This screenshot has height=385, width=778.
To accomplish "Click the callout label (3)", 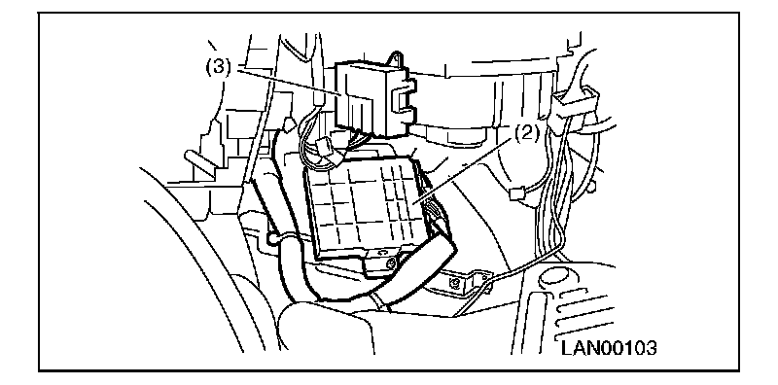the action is pyautogui.click(x=218, y=67).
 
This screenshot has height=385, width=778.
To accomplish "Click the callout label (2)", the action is pyautogui.click(x=525, y=134).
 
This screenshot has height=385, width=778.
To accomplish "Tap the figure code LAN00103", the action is pyautogui.click(x=609, y=347).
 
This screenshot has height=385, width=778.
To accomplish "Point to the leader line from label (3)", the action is pyautogui.click(x=284, y=82).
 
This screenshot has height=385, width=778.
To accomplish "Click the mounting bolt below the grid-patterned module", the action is pyautogui.click(x=392, y=264).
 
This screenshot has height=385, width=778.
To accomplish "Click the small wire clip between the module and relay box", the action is pyautogui.click(x=322, y=148).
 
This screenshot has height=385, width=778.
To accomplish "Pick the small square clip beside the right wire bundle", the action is pyautogui.click(x=516, y=193).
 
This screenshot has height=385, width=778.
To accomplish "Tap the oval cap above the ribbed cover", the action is pyautogui.click(x=555, y=276).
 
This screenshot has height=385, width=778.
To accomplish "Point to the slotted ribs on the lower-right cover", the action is pyautogui.click(x=581, y=312).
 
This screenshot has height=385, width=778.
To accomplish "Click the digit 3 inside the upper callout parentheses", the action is pyautogui.click(x=218, y=67).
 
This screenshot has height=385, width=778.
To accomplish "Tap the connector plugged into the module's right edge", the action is pyautogui.click(x=436, y=213).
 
